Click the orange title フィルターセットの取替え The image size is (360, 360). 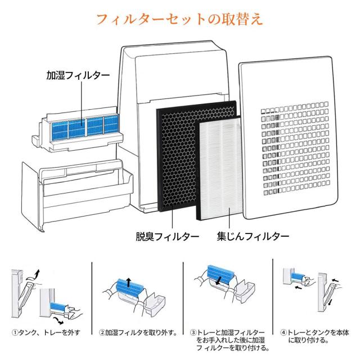(x=179, y=19)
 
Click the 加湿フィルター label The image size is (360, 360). (x=78, y=75)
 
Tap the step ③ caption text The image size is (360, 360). (x=225, y=340)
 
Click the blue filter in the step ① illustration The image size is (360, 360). (x=57, y=307)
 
